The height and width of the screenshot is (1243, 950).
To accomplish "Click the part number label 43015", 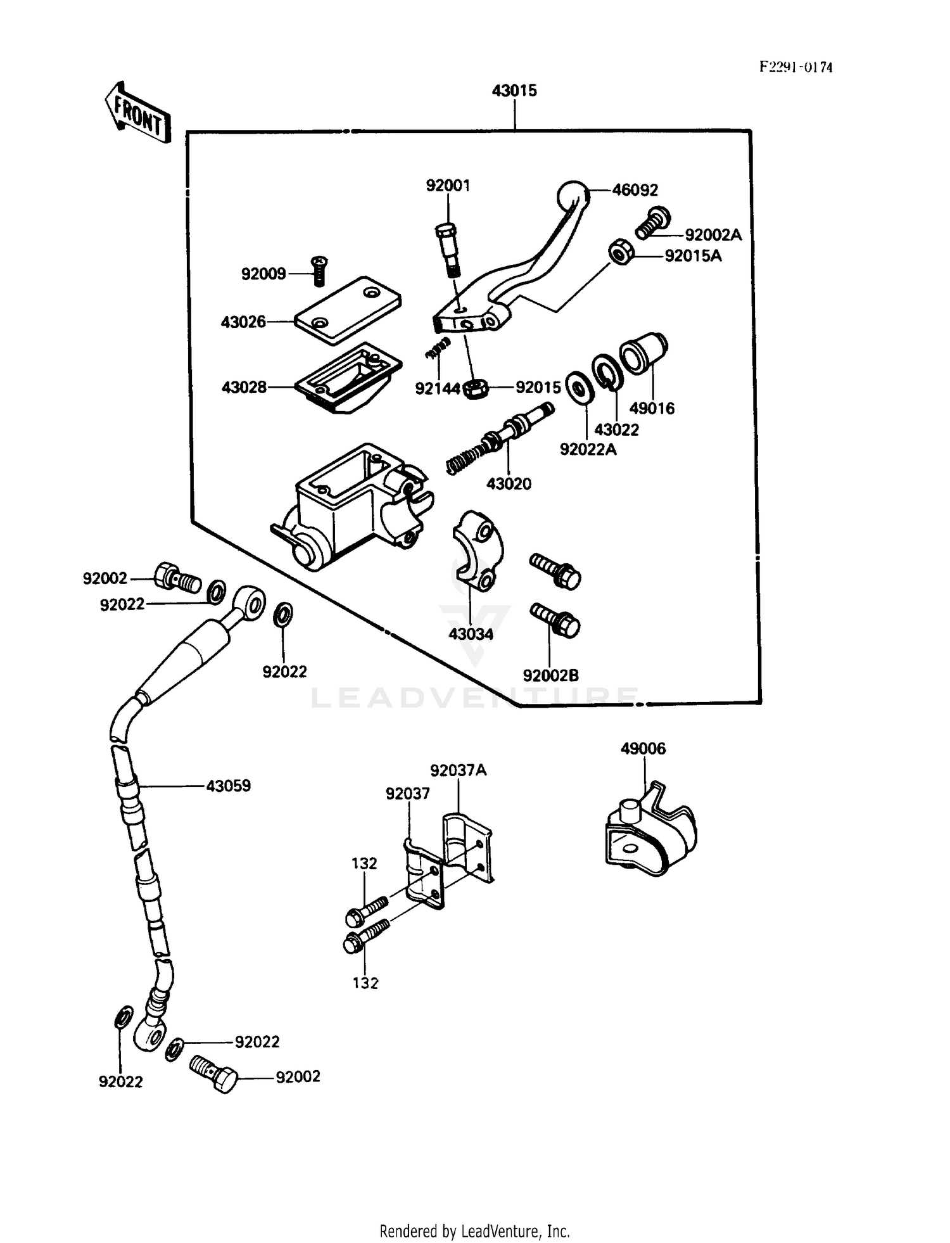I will pos(514,91).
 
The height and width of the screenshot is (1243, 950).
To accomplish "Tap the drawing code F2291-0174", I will pos(795,67).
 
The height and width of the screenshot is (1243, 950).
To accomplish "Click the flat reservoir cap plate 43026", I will pos(348,310).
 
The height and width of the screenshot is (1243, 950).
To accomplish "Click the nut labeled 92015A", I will pos(619,253).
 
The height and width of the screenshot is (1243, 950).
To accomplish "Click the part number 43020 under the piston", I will pos(509,484).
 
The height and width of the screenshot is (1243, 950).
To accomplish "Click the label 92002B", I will pos(550,676).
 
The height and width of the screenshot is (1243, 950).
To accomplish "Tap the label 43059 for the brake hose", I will pos(228,786).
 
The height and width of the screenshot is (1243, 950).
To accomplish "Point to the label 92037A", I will pos(458,770).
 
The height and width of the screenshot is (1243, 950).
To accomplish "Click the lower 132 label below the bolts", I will pos(365,983).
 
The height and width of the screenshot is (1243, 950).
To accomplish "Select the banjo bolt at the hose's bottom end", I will pos(213,1074).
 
